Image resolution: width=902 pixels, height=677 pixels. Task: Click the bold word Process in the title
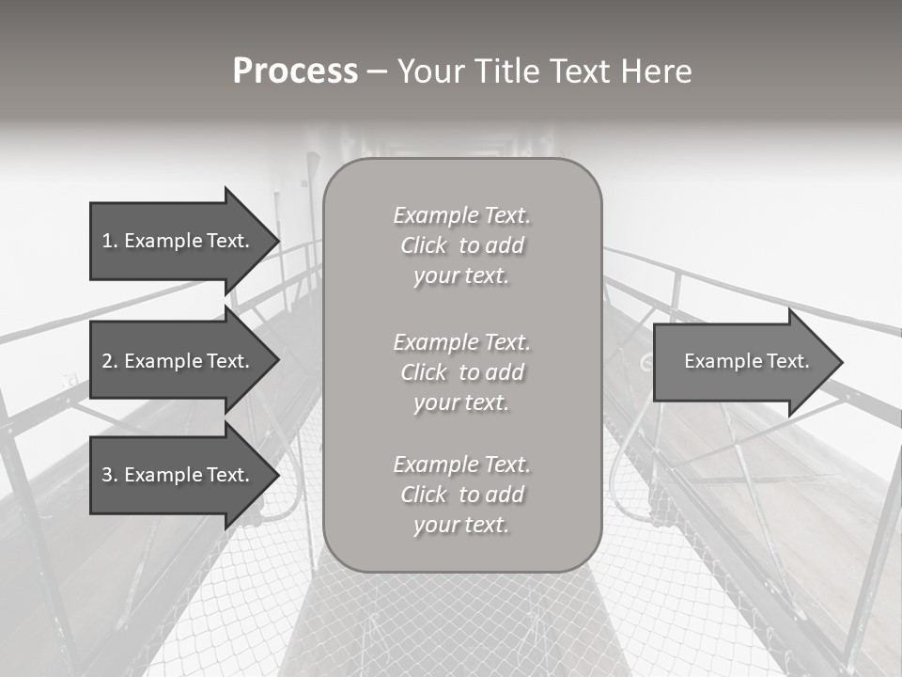point(295,71)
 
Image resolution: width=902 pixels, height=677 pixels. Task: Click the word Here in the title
point(655,71)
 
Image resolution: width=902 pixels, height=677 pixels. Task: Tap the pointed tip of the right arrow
point(840,362)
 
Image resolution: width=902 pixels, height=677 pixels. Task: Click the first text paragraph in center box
point(461,245)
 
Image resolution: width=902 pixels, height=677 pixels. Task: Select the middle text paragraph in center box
point(461,372)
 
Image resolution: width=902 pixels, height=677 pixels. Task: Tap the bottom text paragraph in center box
point(461,495)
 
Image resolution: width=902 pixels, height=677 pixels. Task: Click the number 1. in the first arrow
point(109,241)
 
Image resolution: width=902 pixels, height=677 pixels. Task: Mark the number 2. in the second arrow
point(109,361)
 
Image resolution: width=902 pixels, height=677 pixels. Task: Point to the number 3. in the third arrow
point(109,475)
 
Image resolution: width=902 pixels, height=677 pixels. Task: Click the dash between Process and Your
point(377,71)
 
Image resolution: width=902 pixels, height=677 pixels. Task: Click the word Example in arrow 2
point(163,361)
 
